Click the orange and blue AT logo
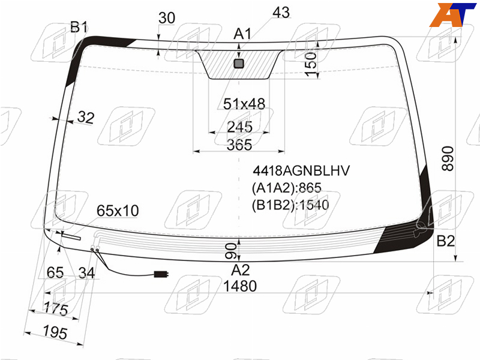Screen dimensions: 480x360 tap(452, 14)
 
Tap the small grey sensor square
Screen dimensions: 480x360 tap(239, 64)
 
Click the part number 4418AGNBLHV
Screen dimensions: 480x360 tap(301, 171)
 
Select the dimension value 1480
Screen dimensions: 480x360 tap(240, 286)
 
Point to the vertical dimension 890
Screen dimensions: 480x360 tap(448, 158)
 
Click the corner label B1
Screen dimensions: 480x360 tap(79, 27)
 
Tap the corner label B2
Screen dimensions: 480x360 tap(445, 241)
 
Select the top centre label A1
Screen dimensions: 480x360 tap(242, 34)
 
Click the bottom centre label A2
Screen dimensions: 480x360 tap(241, 270)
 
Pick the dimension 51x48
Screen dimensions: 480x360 tap(244, 104)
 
